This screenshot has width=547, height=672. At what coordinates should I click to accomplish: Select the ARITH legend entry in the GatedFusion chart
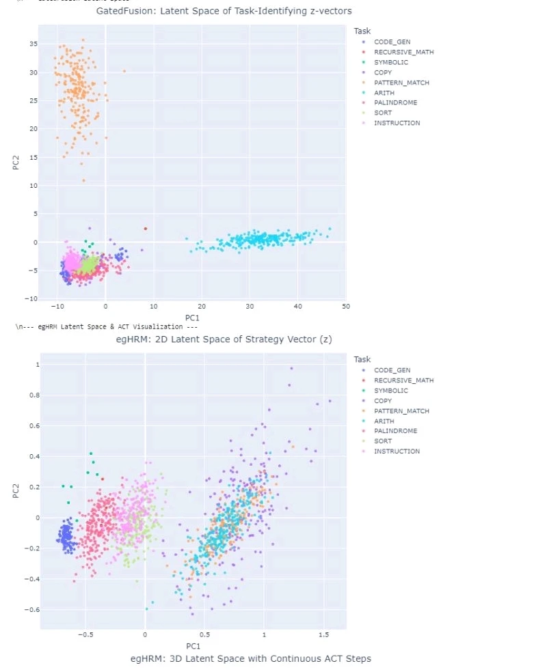click(384, 93)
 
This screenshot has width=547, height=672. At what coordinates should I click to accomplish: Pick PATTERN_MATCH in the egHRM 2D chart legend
click(401, 411)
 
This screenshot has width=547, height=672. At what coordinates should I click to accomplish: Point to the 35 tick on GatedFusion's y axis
click(32, 44)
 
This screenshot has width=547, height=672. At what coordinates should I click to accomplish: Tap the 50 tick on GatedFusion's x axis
click(345, 307)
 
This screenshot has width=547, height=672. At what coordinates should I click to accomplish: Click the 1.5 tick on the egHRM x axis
click(324, 634)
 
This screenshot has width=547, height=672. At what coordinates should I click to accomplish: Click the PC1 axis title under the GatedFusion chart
click(194, 318)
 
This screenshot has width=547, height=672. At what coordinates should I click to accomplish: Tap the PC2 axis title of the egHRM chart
click(16, 489)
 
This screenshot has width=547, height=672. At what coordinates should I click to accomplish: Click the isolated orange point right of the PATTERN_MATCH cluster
click(124, 71)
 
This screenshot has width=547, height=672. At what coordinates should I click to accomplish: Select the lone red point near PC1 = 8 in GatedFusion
click(145, 229)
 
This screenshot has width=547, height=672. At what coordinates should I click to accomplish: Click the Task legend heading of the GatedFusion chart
click(362, 31)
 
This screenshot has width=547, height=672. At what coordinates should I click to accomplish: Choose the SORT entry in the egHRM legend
click(383, 441)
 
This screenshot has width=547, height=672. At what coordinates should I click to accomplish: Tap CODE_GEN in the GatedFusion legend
click(392, 42)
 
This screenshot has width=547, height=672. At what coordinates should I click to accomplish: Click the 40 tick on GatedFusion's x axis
click(297, 307)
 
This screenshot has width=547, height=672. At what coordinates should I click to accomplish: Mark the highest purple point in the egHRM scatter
click(291, 369)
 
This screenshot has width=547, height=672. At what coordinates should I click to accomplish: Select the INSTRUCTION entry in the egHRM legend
click(397, 451)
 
